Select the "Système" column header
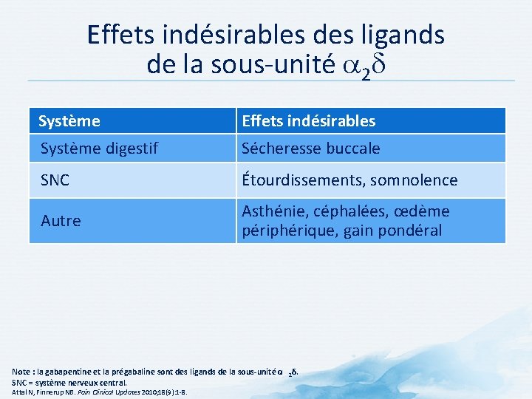coord(69,120)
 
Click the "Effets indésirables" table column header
coord(308,120)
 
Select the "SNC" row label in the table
coord(55,180)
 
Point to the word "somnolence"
coord(415,180)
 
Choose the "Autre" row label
coord(61,221)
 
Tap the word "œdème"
coord(422,211)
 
